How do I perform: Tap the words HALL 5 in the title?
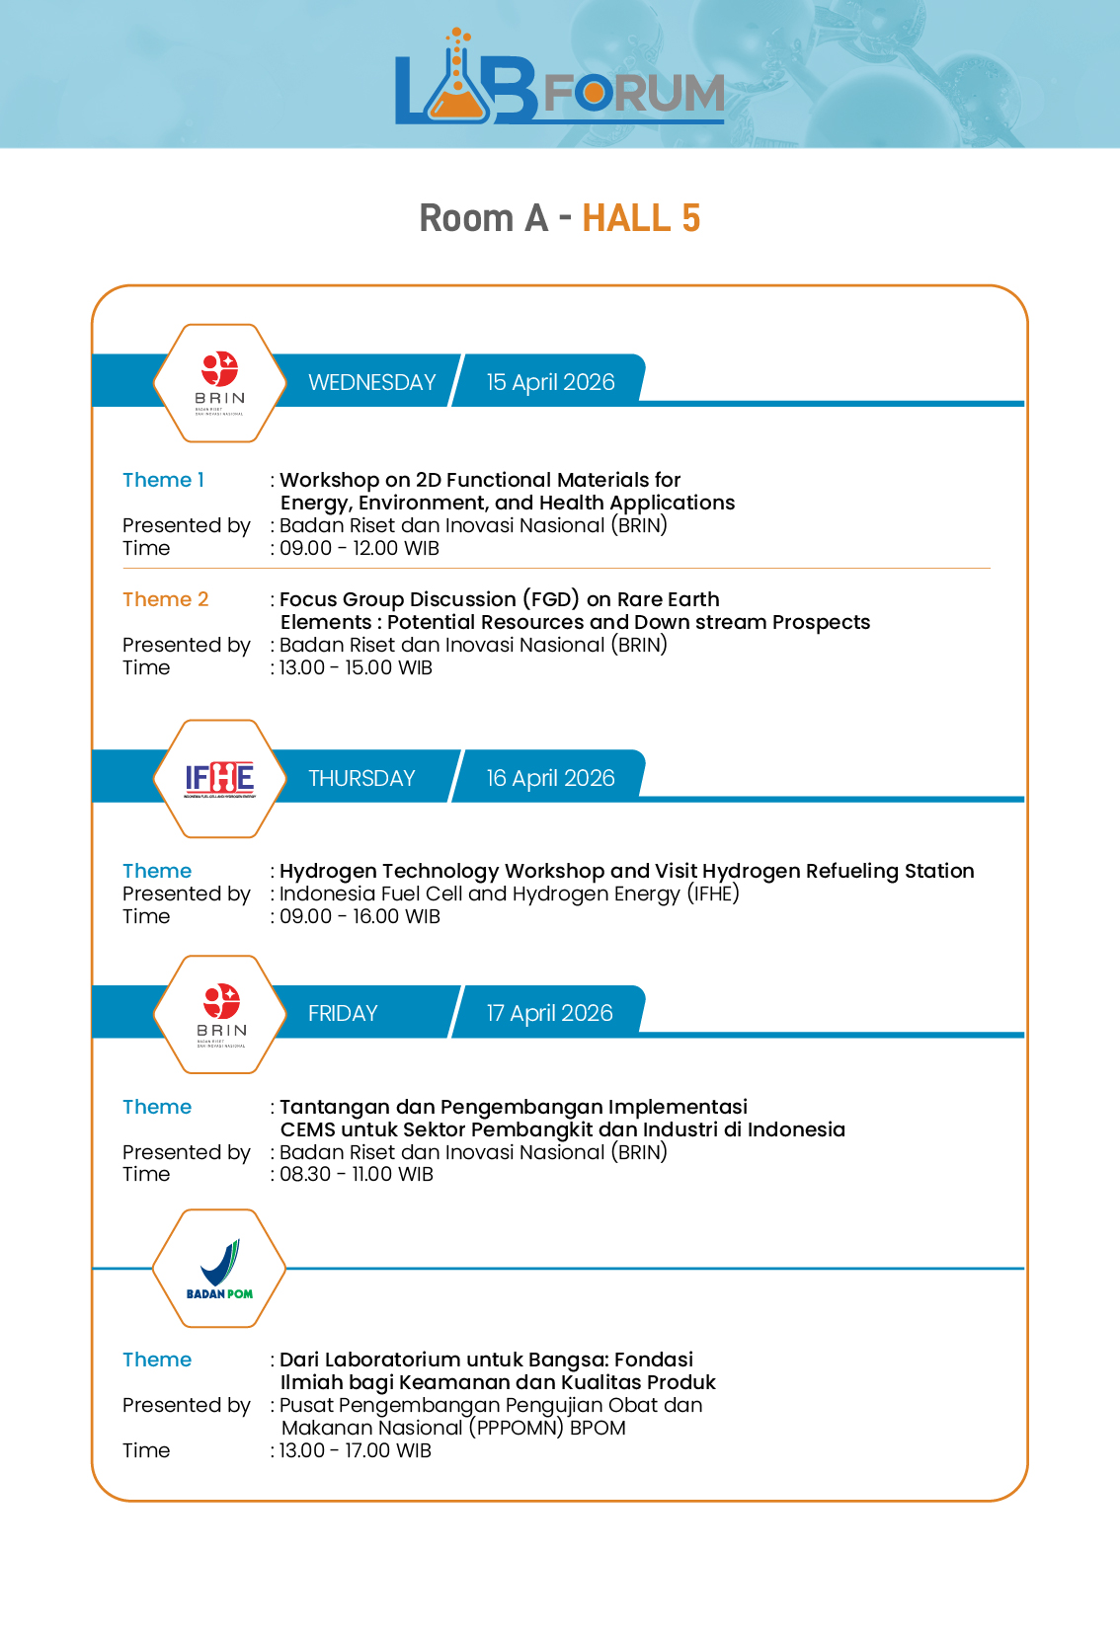click(x=641, y=218)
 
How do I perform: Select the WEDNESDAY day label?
click(x=371, y=382)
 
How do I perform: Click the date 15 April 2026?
click(x=550, y=382)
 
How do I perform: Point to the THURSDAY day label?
click(x=361, y=778)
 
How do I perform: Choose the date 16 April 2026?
click(x=550, y=778)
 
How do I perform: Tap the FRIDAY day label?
click(x=343, y=1013)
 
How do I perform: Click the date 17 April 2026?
click(x=549, y=1013)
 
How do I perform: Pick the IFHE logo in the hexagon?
click(x=219, y=779)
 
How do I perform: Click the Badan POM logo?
click(x=219, y=1269)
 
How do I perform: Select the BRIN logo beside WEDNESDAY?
click(x=219, y=383)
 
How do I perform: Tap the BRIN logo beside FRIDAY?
click(x=220, y=1014)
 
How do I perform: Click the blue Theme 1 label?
click(x=163, y=480)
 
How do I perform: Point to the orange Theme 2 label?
click(x=165, y=599)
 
